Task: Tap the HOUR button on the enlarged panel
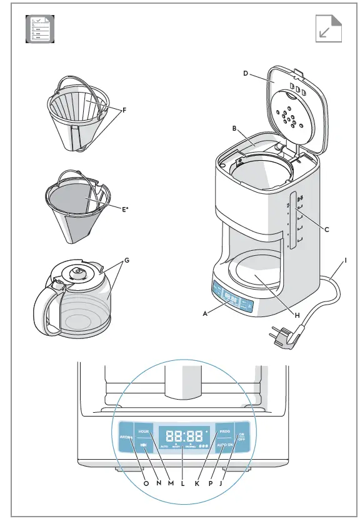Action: pyautogui.click(x=144, y=432)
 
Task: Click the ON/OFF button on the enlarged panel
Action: pyautogui.click(x=241, y=437)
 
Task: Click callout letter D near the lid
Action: pyautogui.click(x=246, y=74)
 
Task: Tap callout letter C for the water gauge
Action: pyautogui.click(x=326, y=229)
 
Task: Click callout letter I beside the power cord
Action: pyautogui.click(x=346, y=261)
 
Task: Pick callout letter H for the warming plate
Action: pyautogui.click(x=297, y=315)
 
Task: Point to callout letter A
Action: pyautogui.click(x=205, y=315)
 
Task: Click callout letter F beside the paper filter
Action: pyautogui.click(x=124, y=110)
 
